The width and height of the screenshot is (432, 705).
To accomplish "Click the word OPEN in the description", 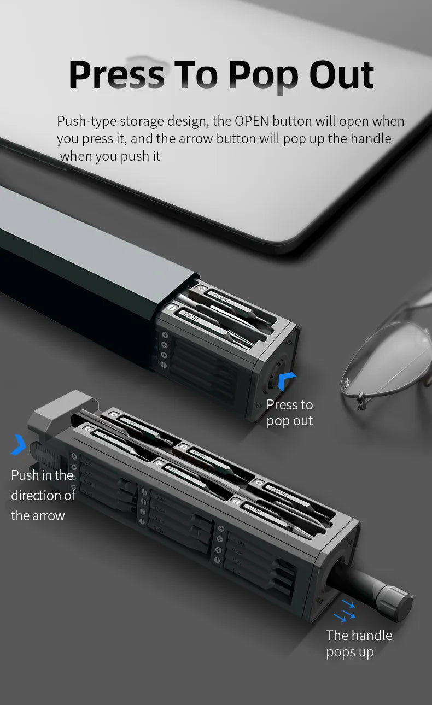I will pyautogui.click(x=251, y=121).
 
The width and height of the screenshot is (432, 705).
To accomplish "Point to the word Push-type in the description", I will pyautogui.click(x=86, y=121).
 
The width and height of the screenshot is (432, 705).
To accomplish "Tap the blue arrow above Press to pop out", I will pyautogui.click(x=286, y=381).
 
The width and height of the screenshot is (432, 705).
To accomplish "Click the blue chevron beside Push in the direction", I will pyautogui.click(x=19, y=444).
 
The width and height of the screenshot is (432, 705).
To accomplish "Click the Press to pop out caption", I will pyautogui.click(x=289, y=413).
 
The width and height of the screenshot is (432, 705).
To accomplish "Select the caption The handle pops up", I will pyautogui.click(x=359, y=643).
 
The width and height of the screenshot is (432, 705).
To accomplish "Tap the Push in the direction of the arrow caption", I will pyautogui.click(x=43, y=495).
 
